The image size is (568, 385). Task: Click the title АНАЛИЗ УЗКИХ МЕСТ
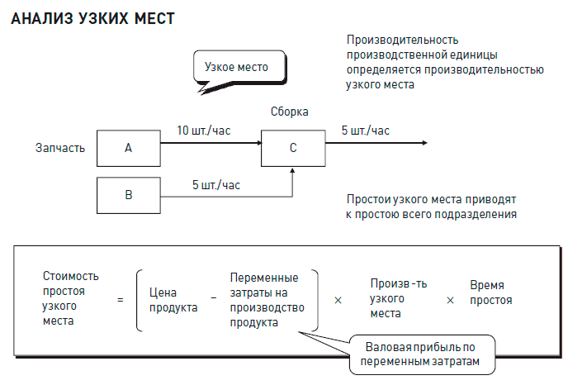[92, 18]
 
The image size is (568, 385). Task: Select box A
[128, 148]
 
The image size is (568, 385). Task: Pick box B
[128, 195]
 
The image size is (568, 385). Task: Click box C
[293, 148]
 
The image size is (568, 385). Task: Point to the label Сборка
[290, 112]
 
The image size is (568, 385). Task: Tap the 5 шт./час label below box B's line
[216, 185]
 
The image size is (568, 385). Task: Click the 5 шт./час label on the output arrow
[366, 131]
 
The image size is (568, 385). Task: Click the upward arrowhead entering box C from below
[293, 170]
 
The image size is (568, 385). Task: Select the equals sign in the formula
[121, 300]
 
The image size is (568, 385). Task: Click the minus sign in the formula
[213, 300]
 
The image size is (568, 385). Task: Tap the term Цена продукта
[173, 300]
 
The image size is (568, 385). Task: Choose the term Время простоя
[490, 292]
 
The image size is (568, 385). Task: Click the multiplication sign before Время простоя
[450, 300]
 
